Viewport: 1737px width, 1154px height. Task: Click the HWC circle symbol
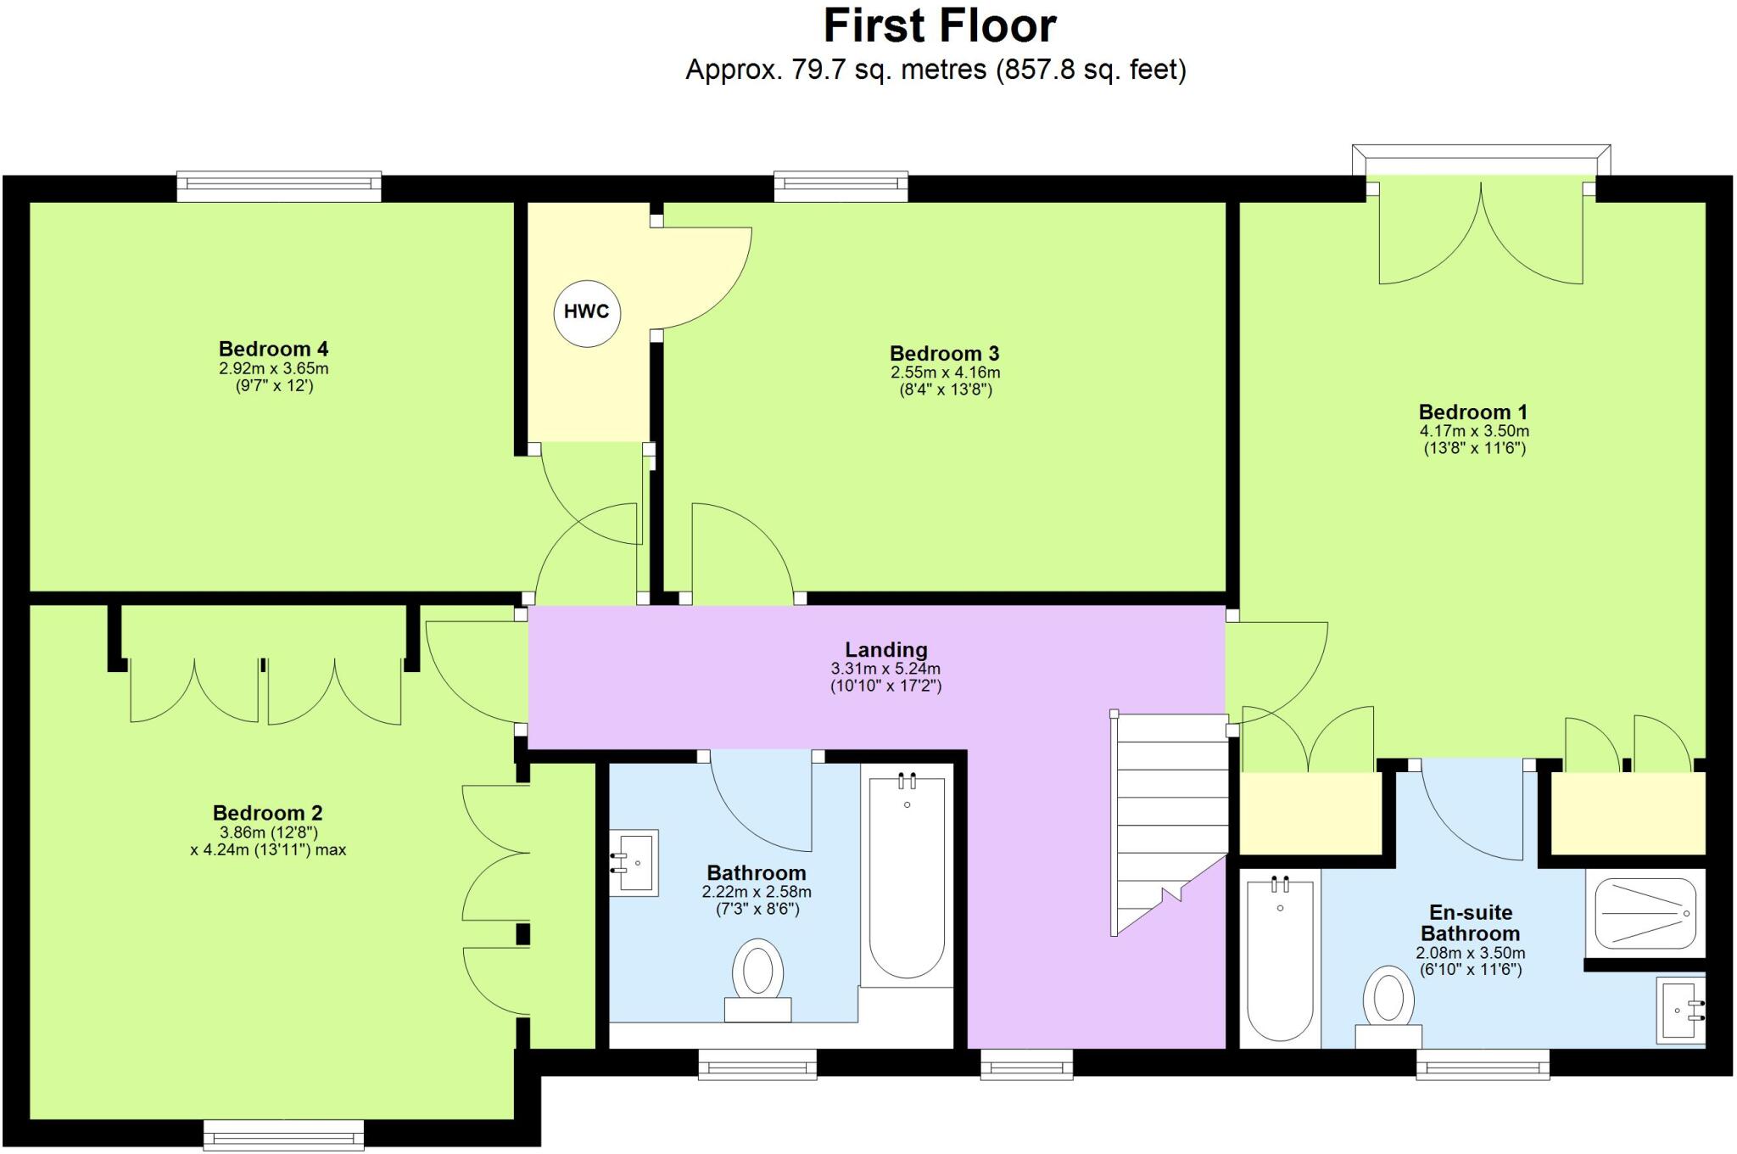pos(586,312)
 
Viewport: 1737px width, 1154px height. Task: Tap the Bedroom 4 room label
pos(273,349)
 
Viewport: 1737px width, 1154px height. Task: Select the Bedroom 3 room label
pos(944,353)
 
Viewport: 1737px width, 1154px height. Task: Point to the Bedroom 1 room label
pos(1473,412)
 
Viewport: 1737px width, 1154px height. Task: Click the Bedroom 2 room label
pos(267,813)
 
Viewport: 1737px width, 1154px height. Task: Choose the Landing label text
pos(885,650)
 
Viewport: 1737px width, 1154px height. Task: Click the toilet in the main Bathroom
pos(757,980)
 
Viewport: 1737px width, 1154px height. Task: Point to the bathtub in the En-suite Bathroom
pos(1280,959)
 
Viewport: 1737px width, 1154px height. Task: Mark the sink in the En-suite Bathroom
pos(1680,1010)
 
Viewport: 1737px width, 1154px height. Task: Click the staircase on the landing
pos(1170,815)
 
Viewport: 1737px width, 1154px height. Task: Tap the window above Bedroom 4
pos(279,187)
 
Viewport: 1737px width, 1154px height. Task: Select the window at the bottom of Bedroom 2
pos(283,1134)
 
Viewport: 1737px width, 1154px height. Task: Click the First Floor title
pos(940,27)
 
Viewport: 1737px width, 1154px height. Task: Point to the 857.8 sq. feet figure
pos(1092,70)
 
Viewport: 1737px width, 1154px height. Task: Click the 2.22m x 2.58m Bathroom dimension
pos(757,892)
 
